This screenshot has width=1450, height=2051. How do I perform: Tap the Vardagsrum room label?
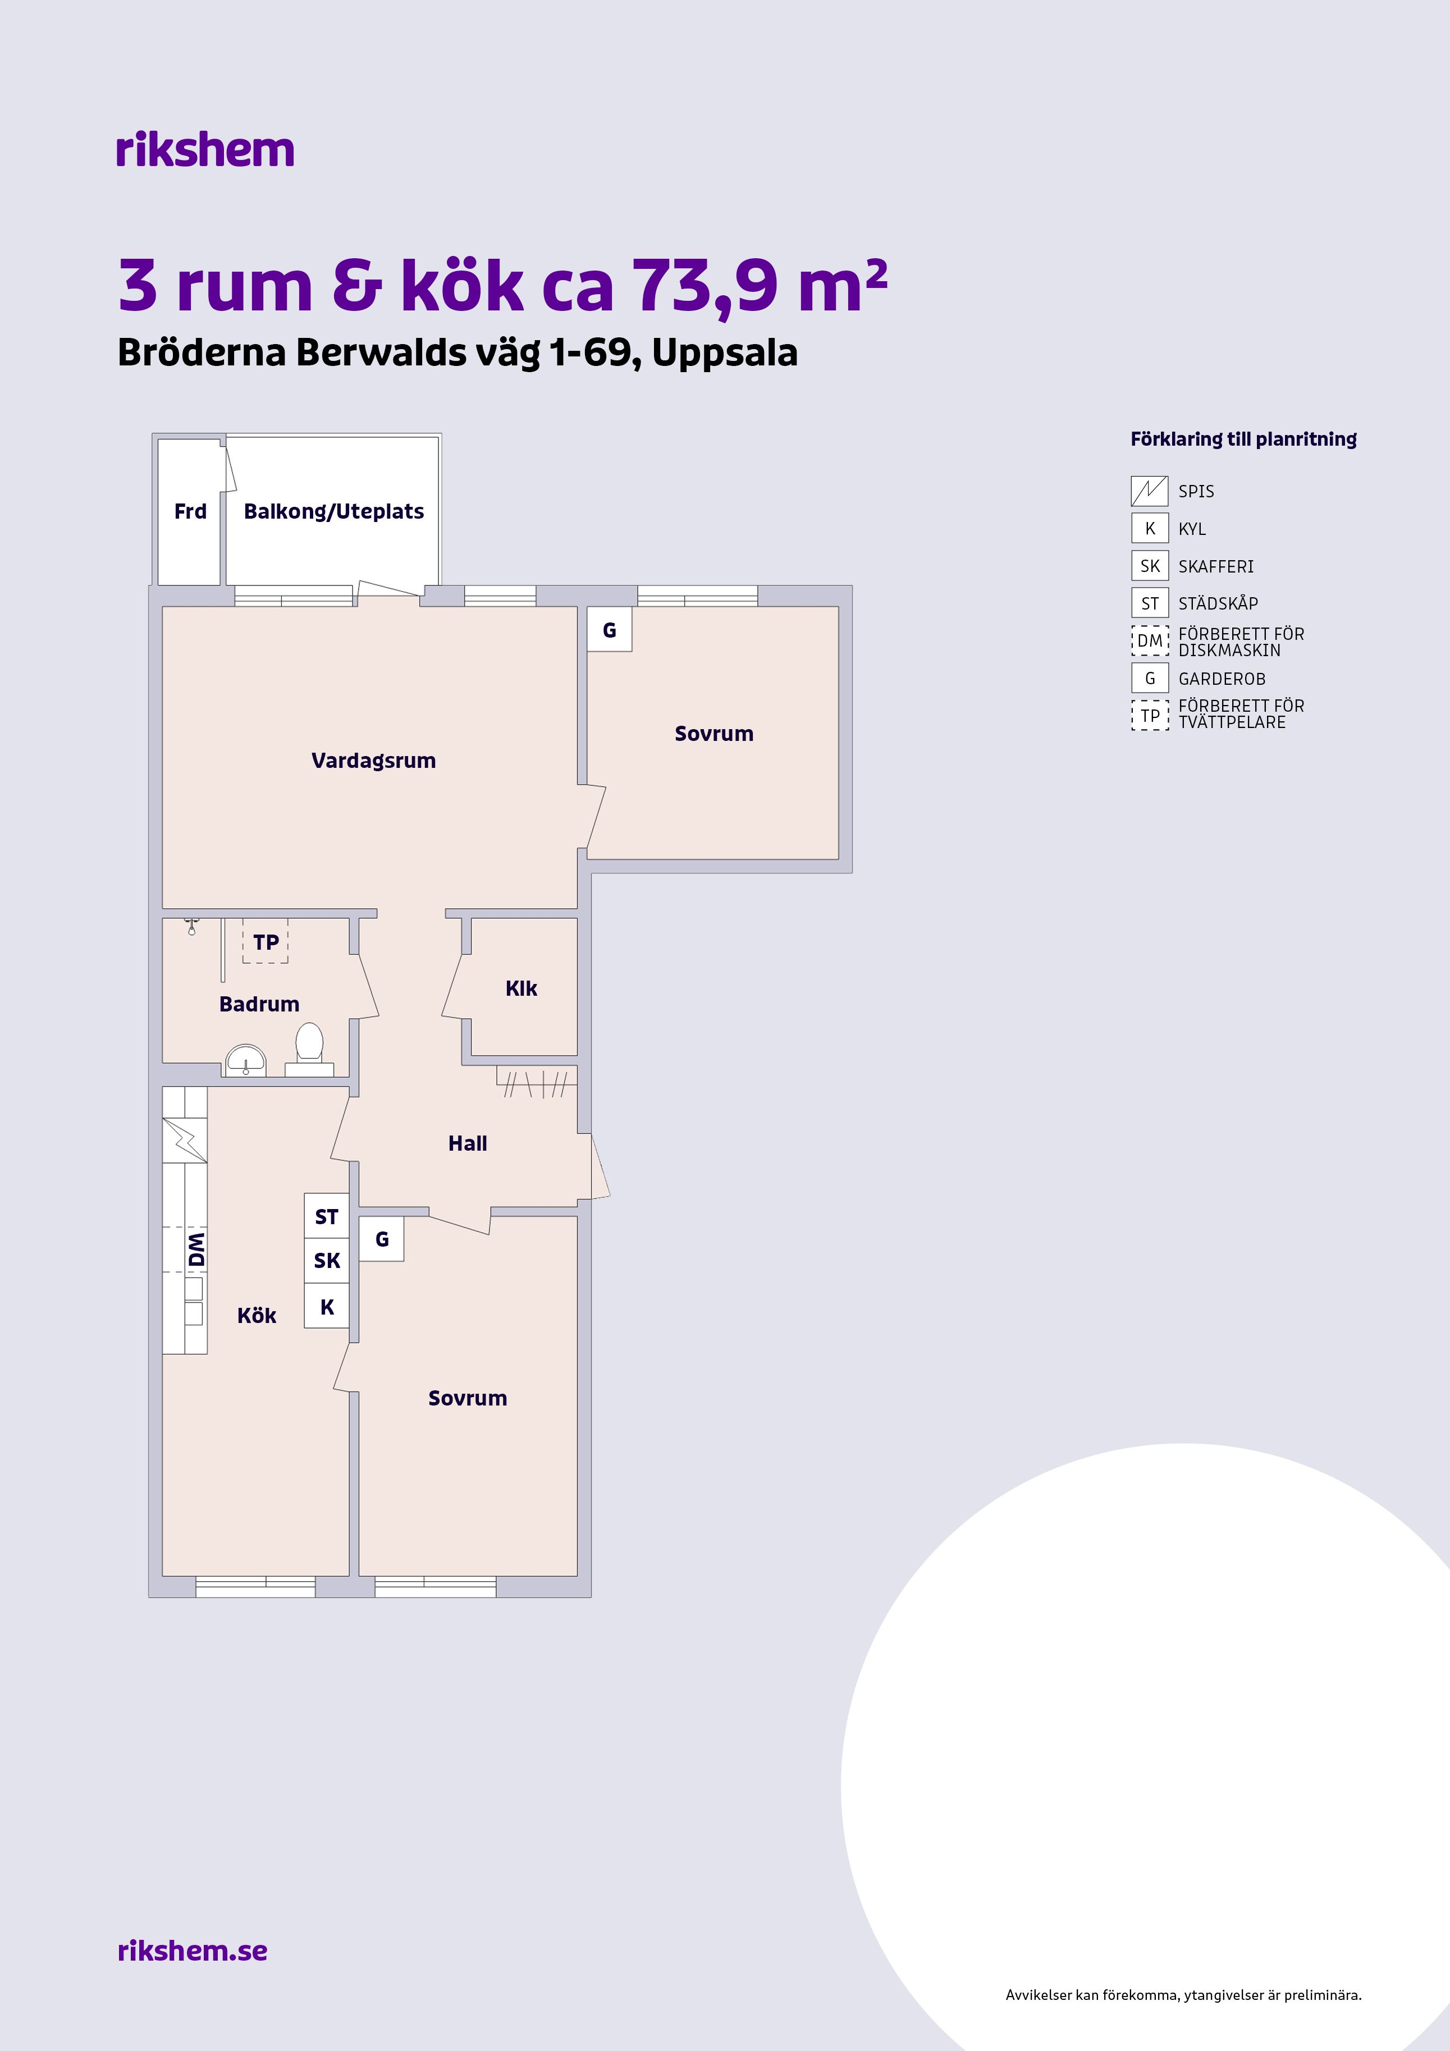[x=373, y=761]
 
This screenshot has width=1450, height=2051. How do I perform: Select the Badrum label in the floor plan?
[x=259, y=1004]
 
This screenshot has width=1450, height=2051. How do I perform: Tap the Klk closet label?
[x=521, y=988]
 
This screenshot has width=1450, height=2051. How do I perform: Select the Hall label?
[x=467, y=1143]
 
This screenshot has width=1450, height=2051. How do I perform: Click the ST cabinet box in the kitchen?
[x=327, y=1217]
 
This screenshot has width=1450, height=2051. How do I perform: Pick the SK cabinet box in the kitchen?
[x=327, y=1261]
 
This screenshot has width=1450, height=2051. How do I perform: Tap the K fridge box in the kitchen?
[x=327, y=1306]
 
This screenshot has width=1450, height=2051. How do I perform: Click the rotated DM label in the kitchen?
[x=196, y=1249]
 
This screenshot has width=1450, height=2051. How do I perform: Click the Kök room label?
[x=257, y=1316]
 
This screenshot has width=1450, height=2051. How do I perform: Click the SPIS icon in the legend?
[x=1150, y=491]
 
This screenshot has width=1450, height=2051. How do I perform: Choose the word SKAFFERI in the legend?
[x=1216, y=566]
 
